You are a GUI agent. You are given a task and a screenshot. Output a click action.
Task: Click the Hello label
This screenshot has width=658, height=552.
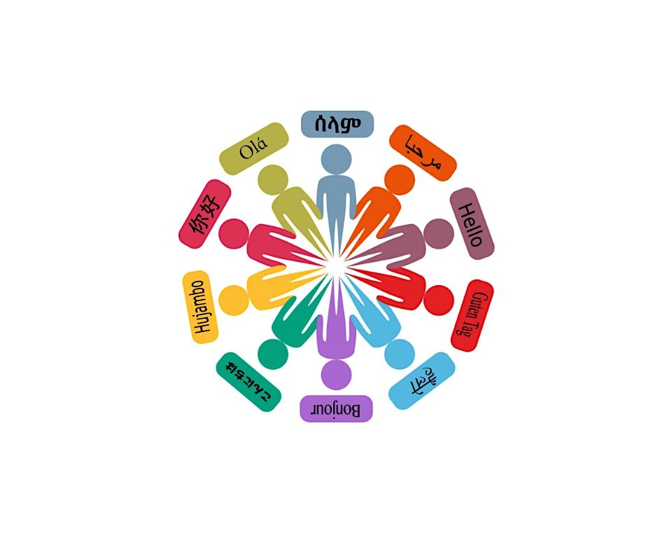click(x=472, y=223)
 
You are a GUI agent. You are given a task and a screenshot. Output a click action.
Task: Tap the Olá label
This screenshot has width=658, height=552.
click(x=253, y=149)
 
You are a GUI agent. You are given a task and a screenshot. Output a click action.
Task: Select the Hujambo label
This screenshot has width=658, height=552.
click(x=200, y=307)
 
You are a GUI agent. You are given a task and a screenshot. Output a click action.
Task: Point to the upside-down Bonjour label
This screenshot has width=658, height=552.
click(x=336, y=408)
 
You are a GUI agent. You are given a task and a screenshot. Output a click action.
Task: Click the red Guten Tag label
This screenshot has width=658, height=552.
click(x=472, y=315)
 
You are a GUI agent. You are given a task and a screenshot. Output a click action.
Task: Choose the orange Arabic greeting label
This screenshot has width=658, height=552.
click(x=423, y=153)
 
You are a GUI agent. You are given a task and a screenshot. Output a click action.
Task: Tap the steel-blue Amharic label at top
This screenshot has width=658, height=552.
click(x=337, y=124)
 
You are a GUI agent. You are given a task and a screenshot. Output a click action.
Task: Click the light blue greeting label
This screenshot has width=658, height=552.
click(x=421, y=380)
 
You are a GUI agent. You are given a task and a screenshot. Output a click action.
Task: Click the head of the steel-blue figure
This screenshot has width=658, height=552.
click(x=336, y=159)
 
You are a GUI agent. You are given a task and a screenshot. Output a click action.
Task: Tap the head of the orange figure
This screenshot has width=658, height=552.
click(x=400, y=180)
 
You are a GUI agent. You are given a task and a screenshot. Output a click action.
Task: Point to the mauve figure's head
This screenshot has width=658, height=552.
click(x=439, y=233)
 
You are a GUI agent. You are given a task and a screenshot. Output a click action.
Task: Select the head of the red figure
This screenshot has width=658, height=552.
click(x=439, y=299)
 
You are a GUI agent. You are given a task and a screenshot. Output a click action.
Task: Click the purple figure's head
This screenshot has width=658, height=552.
click(x=336, y=374)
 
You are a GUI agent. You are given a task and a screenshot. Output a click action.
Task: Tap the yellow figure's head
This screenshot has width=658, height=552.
click(x=233, y=300)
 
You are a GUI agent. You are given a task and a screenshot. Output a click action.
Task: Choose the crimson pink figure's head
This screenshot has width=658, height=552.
click(x=234, y=233)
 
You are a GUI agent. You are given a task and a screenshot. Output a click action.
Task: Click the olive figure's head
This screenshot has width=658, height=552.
click(x=273, y=180)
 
